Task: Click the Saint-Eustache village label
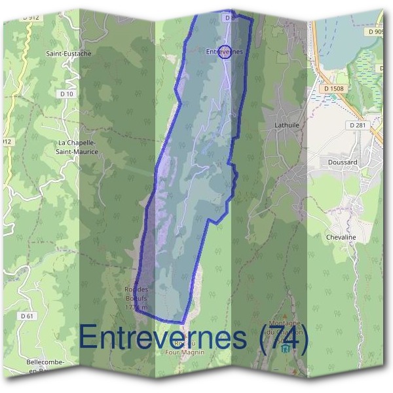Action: pos(64,53)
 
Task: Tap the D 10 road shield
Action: pos(67,95)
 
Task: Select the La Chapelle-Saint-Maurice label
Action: pos(78,147)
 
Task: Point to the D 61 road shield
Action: pos(28,316)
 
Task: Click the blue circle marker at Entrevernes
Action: pos(225,51)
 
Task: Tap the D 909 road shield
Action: pos(375,31)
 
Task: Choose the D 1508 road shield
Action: pos(334,88)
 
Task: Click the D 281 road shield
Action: pos(357,124)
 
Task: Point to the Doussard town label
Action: pos(341,161)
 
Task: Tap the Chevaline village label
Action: pos(341,237)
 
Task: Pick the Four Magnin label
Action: pos(185,351)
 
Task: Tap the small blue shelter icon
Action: pos(284,350)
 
